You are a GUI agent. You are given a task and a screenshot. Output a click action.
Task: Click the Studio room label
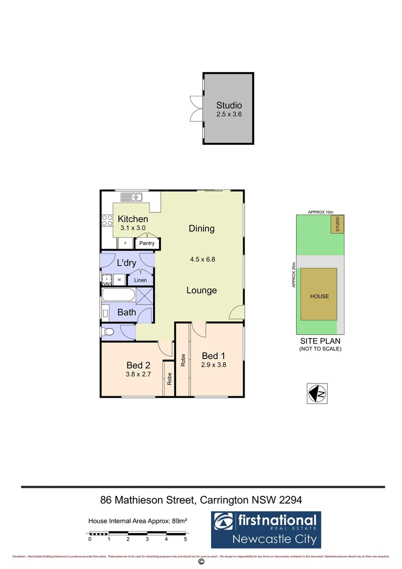(229, 105)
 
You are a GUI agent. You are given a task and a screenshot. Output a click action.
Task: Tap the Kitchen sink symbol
(132, 198)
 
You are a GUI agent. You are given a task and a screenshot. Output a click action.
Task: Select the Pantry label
(147, 243)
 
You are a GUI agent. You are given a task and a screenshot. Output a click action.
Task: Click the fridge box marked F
(125, 243)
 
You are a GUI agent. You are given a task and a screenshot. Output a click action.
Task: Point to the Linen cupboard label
(140, 280)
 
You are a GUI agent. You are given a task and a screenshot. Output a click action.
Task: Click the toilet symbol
(109, 332)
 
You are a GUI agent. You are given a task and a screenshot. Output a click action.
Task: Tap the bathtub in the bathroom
(118, 295)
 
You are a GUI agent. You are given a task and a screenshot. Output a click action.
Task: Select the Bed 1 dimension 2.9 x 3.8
(214, 364)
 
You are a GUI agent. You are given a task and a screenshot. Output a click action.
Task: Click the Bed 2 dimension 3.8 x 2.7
(139, 374)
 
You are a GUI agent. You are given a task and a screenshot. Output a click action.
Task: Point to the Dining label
(202, 229)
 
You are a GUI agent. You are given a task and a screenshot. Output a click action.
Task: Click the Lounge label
(202, 290)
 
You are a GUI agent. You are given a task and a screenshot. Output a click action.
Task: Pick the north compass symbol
(317, 393)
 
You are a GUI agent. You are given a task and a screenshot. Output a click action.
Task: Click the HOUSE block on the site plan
(319, 296)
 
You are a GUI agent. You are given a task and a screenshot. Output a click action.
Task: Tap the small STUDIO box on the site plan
(338, 224)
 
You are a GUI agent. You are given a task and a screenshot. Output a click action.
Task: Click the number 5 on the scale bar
(185, 539)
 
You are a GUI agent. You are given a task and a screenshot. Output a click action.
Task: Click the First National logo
(266, 529)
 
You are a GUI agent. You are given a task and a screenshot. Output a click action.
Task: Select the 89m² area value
(179, 521)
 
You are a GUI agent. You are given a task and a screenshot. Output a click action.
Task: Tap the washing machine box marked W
(119, 280)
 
